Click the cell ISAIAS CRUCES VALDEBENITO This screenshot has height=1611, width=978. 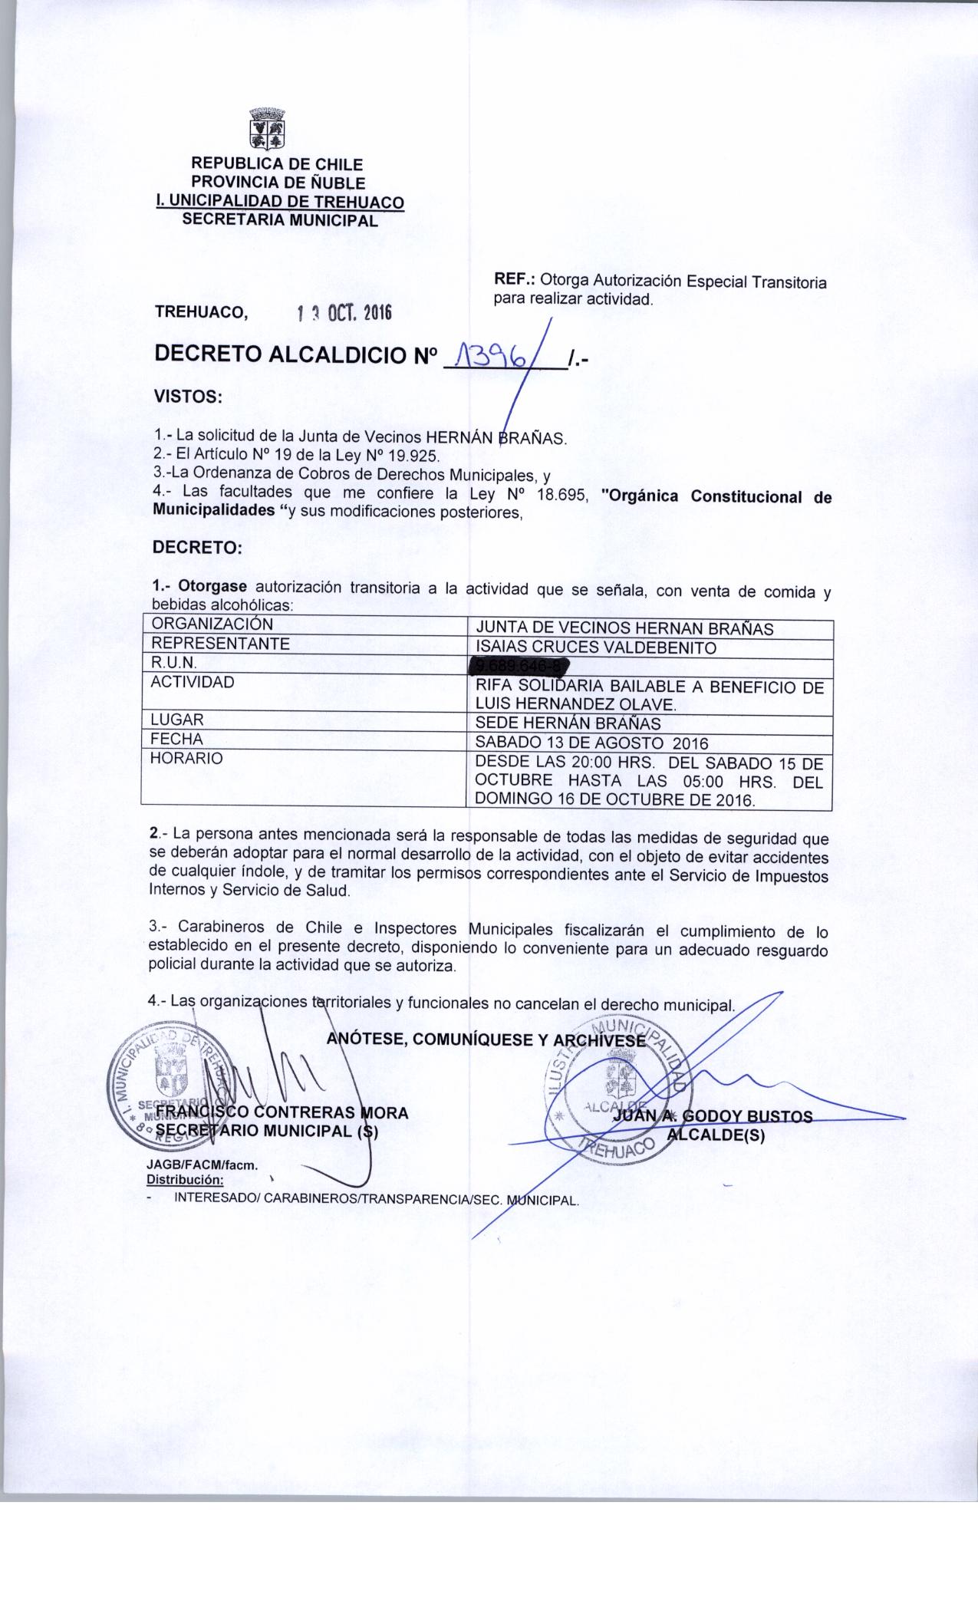coord(596,648)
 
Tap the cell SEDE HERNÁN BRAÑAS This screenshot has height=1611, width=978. coord(568,723)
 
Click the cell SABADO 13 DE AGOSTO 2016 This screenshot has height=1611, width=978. coord(591,743)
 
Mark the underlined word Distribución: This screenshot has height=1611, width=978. coord(185,1179)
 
